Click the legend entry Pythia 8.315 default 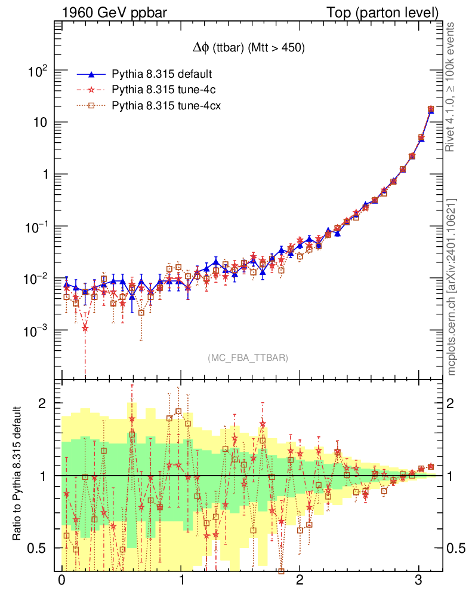click(162, 74)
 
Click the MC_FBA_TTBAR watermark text click(248, 358)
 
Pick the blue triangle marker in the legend click(91, 74)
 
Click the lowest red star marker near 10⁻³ click(85, 328)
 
